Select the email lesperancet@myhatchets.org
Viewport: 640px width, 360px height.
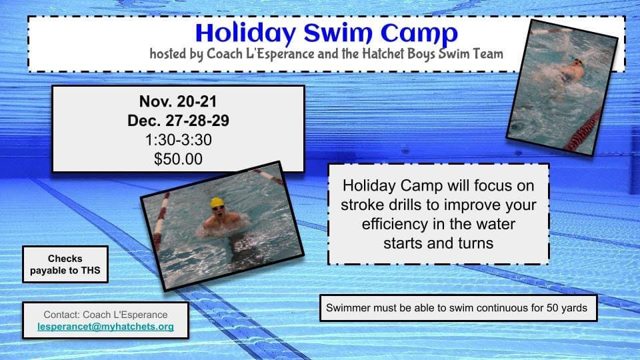point(105,327)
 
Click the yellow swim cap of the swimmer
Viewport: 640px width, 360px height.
point(217,202)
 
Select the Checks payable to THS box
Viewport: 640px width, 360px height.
point(65,264)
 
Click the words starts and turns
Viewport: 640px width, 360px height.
point(438,243)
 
